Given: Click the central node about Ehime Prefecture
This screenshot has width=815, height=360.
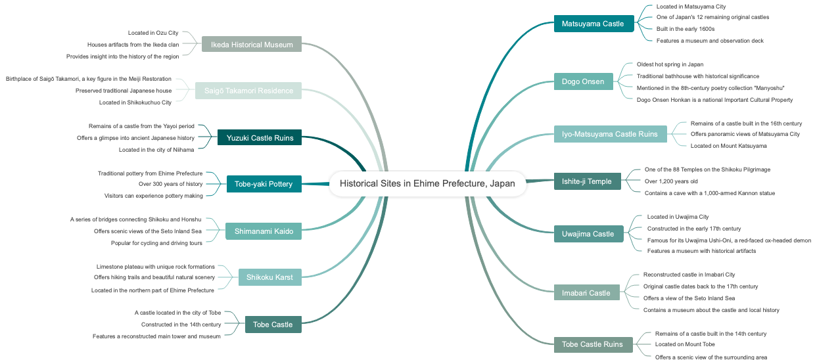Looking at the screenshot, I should click(427, 183).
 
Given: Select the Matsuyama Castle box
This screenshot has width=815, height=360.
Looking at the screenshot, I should click(593, 24).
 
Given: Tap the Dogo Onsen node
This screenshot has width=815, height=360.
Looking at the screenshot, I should click(583, 81).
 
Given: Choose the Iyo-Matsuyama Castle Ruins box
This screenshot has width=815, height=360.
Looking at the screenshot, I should click(610, 134).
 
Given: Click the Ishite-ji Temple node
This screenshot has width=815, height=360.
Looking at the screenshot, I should click(587, 181).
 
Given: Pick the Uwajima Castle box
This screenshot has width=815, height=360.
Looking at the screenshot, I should click(588, 234).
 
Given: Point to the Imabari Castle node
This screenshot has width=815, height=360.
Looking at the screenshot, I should click(586, 293).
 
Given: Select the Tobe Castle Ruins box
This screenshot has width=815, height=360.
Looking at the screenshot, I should click(592, 344).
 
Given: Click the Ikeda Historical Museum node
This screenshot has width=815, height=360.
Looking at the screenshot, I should click(252, 45).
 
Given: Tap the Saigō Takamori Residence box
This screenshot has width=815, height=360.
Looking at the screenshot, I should click(248, 91).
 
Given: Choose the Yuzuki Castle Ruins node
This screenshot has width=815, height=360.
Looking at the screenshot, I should click(260, 138).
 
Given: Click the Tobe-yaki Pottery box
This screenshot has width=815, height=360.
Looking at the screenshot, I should click(264, 184).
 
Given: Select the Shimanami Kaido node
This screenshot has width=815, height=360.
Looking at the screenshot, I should click(264, 231).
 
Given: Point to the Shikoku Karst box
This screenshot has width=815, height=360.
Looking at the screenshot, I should click(269, 277).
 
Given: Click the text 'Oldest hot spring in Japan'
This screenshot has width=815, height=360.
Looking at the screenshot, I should click(670, 64).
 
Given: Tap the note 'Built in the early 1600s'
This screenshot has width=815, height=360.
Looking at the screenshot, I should click(685, 29).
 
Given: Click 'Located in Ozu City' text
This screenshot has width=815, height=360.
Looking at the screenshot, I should click(153, 33).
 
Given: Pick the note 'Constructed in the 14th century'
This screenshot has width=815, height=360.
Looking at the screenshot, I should click(181, 325).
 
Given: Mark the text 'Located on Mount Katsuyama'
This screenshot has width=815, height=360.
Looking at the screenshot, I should click(728, 146).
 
